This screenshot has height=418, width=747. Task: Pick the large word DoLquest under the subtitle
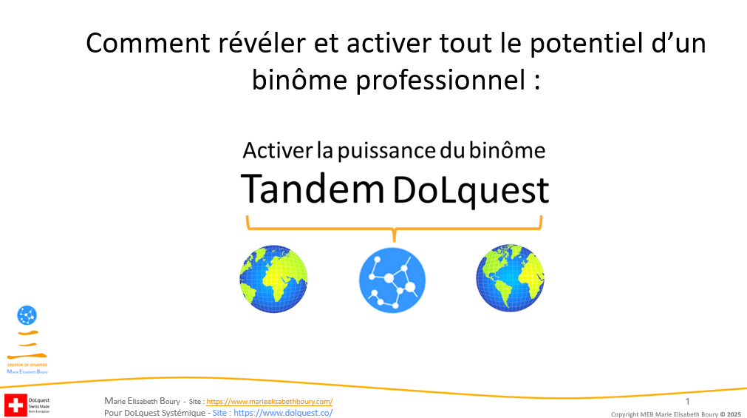coord(471,189)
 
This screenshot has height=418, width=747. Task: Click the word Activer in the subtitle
coord(276,151)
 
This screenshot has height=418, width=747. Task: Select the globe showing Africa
coord(273,279)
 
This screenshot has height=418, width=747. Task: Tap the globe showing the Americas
coord(509,279)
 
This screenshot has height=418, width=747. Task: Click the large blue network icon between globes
coord(392,279)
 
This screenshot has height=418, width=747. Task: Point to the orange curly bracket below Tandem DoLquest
coord(394,226)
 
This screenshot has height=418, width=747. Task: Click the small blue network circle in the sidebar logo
coord(27,316)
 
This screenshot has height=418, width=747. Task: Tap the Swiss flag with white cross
coord(15,405)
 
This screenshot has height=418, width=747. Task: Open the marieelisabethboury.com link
coord(269,401)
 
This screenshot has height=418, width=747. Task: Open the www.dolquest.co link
coord(283,412)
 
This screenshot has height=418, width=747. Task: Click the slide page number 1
coord(687,401)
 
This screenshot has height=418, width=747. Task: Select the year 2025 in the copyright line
coord(734,414)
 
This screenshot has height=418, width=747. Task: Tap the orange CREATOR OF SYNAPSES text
coord(27,365)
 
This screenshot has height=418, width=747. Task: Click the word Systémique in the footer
coord(185,412)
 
